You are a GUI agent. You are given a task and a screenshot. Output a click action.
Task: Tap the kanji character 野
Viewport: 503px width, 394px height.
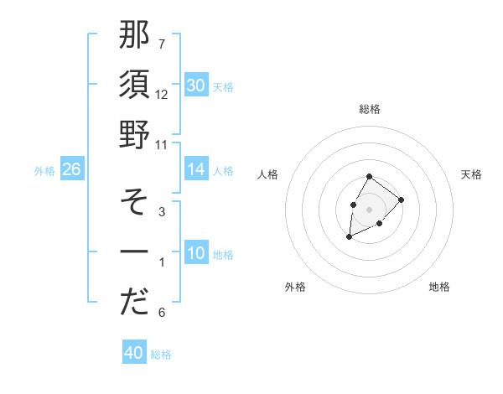click(134, 134)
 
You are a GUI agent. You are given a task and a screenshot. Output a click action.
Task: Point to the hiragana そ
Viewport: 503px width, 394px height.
click(134, 201)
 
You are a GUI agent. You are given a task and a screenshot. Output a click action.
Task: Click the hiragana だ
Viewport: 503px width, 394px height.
click(134, 303)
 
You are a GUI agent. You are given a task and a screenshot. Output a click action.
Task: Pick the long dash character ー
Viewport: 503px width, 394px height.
click(134, 252)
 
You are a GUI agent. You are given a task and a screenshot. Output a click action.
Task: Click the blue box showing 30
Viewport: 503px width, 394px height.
click(196, 85)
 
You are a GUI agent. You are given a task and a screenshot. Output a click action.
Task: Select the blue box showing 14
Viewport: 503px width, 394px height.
click(196, 170)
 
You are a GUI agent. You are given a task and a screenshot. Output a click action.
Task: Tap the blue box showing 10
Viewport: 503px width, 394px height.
click(196, 254)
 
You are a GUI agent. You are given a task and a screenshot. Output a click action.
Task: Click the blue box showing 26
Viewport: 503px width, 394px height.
click(71, 170)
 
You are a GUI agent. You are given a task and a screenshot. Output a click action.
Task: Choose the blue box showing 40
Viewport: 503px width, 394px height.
click(134, 353)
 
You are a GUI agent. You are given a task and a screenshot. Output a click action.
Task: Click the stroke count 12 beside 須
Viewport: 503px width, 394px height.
click(162, 94)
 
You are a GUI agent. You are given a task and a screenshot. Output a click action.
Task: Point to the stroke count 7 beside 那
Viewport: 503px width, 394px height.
click(162, 43)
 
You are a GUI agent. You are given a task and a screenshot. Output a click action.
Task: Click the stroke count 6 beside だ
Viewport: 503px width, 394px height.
click(162, 313)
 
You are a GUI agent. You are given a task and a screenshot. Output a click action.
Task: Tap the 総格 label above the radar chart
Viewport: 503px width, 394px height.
click(370, 109)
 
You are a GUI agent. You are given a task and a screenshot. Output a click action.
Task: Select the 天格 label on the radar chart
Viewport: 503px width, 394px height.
click(472, 174)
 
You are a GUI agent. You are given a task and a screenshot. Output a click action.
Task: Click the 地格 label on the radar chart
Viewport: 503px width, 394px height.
click(439, 287)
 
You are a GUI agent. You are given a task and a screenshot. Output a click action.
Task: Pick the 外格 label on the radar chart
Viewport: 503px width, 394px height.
click(295, 287)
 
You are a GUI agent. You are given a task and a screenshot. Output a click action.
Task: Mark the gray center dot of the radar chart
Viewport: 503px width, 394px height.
click(369, 208)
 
